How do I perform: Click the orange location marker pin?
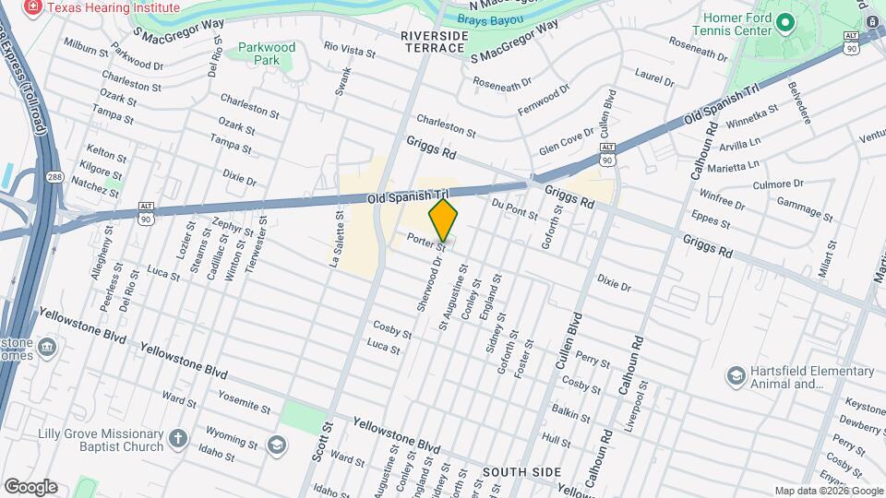[x=444, y=220]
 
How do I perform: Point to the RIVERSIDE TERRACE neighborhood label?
[x=435, y=42]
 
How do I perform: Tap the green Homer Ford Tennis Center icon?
[x=786, y=22]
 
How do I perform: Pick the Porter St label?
[x=426, y=243]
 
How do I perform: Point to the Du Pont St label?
[x=515, y=208]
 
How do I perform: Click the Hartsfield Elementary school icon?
[x=736, y=376]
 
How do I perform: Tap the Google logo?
[x=31, y=486]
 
